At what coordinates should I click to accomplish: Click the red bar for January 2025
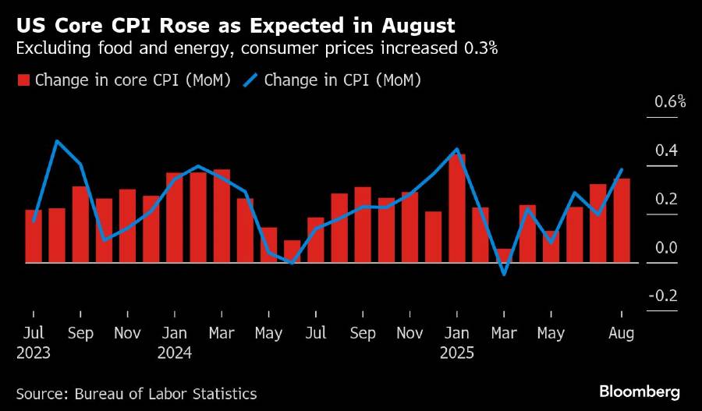pyautogui.click(x=457, y=208)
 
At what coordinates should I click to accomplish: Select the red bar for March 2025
pyautogui.click(x=504, y=256)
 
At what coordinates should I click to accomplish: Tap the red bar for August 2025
pyautogui.click(x=622, y=221)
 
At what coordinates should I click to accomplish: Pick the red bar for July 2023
pyautogui.click(x=34, y=236)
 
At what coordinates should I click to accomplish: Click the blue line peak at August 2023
pyautogui.click(x=57, y=141)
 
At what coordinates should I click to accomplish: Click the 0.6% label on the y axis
pyautogui.click(x=670, y=101)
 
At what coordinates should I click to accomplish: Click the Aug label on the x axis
pyautogui.click(x=622, y=333)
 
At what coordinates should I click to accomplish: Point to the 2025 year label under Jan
pyautogui.click(x=457, y=353)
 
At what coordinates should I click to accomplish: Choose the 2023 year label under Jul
pyautogui.click(x=34, y=353)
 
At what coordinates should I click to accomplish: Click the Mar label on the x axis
pyautogui.click(x=504, y=333)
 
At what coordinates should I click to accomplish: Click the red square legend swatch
pyautogui.click(x=23, y=80)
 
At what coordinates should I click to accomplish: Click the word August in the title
pyautogui.click(x=416, y=26)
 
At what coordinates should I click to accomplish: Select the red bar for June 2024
pyautogui.click(x=292, y=251)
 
